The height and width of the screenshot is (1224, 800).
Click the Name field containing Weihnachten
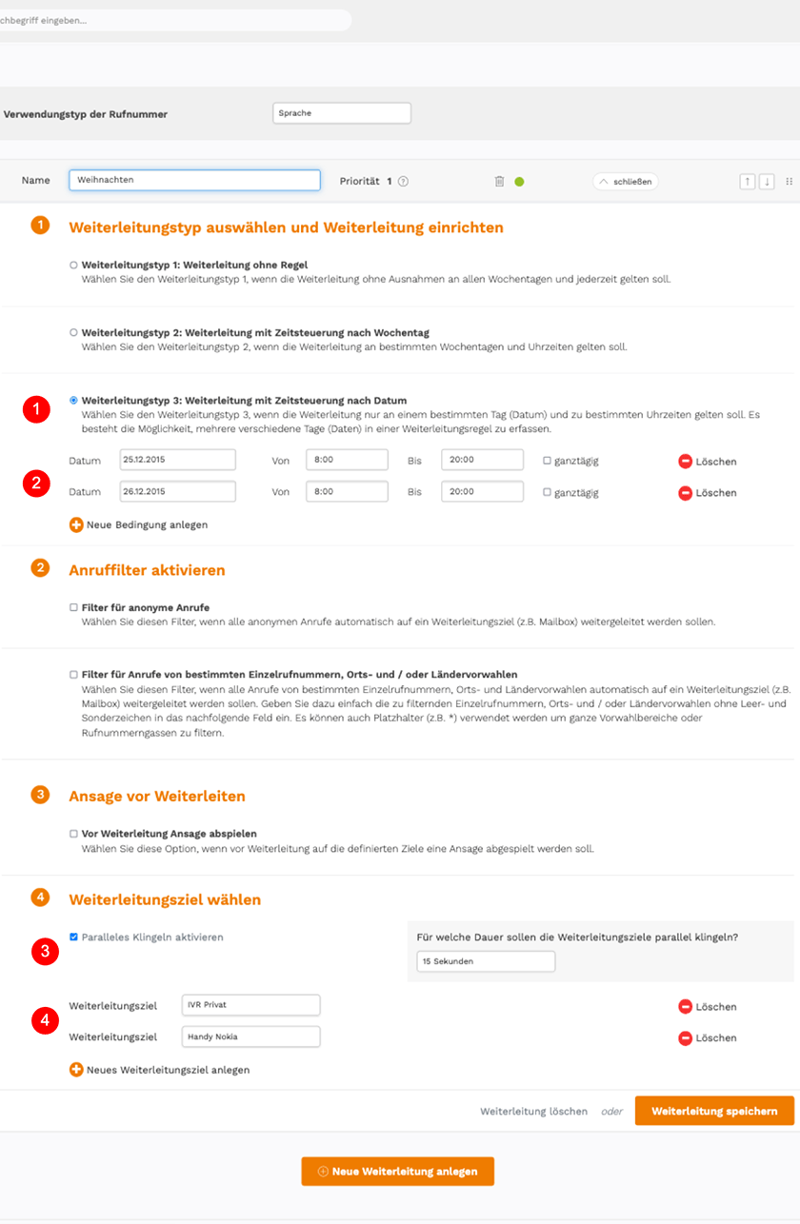(194, 181)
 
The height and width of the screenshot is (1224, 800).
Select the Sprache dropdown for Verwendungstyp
(341, 113)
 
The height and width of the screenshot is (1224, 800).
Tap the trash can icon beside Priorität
(499, 181)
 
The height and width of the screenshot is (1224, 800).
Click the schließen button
(625, 181)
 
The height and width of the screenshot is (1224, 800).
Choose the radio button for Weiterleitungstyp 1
(73, 265)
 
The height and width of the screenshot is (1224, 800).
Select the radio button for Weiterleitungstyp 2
(73, 332)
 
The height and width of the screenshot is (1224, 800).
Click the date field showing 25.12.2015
(177, 461)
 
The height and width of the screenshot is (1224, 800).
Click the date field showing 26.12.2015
(177, 492)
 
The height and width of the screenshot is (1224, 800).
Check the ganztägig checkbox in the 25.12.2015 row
(547, 461)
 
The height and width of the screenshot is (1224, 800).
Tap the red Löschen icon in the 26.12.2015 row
(685, 493)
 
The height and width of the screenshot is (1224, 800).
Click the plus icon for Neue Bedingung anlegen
(76, 524)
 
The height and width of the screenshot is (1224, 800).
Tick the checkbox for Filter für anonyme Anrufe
(73, 606)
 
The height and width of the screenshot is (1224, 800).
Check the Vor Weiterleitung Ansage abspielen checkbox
(73, 833)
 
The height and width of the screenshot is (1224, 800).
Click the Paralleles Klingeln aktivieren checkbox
(73, 937)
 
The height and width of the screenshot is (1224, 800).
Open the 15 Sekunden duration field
(485, 961)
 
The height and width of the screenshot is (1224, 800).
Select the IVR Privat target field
(250, 1005)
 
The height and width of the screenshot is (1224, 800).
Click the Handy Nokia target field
(250, 1036)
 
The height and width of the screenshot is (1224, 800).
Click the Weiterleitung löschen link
(533, 1111)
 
